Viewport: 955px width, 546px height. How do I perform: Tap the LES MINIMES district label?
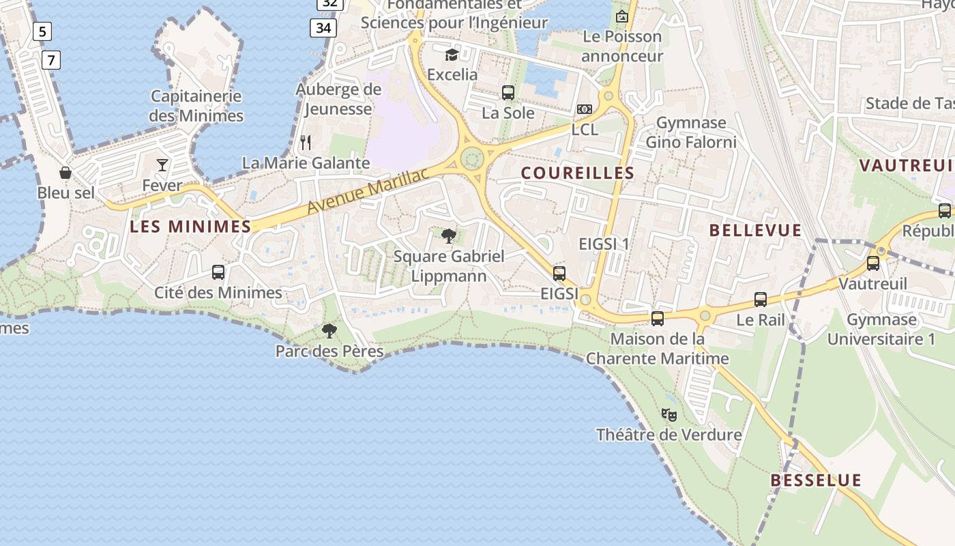(x=190, y=227)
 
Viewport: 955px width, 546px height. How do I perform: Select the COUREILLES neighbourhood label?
(x=578, y=173)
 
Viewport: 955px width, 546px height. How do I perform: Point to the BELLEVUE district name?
(x=756, y=230)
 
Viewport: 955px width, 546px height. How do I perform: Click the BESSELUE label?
(x=816, y=480)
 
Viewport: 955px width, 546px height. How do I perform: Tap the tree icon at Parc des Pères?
(x=329, y=332)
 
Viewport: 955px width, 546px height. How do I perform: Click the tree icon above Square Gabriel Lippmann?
(x=449, y=237)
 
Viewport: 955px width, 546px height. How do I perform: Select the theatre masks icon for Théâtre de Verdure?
(x=669, y=414)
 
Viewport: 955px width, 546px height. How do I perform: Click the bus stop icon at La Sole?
(x=508, y=93)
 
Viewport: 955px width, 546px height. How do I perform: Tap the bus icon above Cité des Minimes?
(x=218, y=272)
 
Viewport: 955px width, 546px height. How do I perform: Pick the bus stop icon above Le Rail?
(x=761, y=300)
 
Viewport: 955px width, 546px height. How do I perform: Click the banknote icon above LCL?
(x=585, y=109)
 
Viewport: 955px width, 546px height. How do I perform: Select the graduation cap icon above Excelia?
(x=452, y=55)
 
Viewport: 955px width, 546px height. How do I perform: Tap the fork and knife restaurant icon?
(x=306, y=143)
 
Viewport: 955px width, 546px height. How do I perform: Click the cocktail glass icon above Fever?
(x=162, y=165)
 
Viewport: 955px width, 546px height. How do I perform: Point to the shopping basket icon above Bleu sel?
(x=65, y=173)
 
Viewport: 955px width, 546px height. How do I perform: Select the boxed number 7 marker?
(x=51, y=60)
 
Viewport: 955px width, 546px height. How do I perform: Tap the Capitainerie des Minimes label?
(x=196, y=106)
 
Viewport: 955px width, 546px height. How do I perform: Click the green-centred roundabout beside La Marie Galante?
(x=472, y=159)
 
